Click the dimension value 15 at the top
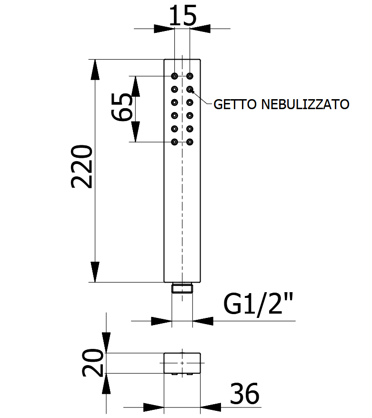pos(183,16)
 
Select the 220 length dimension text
pos(82,167)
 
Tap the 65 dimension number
pos(122,107)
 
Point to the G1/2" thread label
pos(258,305)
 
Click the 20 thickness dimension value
pos(92,363)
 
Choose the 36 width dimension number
pos(244,394)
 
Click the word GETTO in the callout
pos(235,104)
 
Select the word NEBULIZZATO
pos(305,104)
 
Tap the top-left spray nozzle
pos(174,76)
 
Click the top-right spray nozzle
pos(190,76)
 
